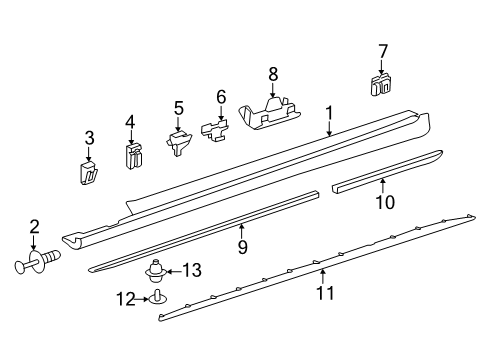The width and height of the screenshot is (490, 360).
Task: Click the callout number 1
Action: pos(329,113)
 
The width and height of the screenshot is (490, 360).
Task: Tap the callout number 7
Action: pos(383,52)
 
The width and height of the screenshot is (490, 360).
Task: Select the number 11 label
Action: pos(325,293)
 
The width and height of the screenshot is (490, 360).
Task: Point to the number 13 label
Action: pos(192,270)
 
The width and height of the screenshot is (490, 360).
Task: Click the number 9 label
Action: pos(242,247)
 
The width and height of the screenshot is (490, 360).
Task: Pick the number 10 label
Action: pos(385,202)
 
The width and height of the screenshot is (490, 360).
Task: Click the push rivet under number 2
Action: pos(38,262)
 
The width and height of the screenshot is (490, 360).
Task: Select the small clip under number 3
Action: pos(88,172)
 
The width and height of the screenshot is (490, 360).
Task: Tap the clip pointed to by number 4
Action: pos(134,156)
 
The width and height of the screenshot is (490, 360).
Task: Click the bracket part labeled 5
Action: pos(179,142)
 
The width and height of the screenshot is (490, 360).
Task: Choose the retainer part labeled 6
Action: pos(215,130)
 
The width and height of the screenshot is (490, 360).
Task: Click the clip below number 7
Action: pos(381,85)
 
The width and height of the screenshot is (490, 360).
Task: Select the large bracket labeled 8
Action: pos(271,113)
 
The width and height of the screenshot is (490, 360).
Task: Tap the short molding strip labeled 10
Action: pos(387,171)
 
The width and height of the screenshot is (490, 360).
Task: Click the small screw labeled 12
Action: pos(157,298)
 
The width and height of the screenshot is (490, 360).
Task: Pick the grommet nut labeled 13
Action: pos(154,271)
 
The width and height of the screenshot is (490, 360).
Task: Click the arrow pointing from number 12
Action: pos(142,299)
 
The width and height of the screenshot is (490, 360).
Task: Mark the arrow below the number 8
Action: pos(273,90)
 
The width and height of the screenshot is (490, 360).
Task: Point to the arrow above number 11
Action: pos(322,277)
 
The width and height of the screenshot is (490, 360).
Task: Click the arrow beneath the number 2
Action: pos(33,242)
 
